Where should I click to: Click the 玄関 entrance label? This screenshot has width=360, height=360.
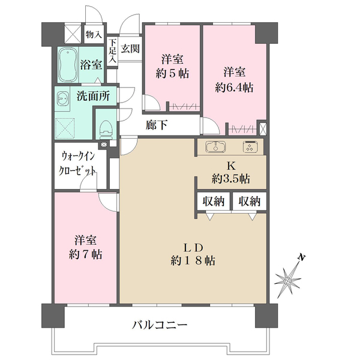click(130, 48)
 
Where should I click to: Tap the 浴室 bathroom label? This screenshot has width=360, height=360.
click(91, 65)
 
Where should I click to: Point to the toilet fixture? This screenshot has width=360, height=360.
click(106, 128)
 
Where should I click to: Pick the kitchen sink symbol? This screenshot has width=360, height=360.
click(214, 147)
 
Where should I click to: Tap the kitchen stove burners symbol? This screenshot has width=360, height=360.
click(250, 147)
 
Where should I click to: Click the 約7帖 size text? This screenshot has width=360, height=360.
click(85, 254)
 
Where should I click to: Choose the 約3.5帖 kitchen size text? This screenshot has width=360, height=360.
click(230, 179)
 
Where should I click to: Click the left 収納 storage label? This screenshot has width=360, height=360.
click(213, 202)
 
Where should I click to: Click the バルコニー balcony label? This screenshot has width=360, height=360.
click(160, 325)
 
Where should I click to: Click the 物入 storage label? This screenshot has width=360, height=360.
click(93, 35)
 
